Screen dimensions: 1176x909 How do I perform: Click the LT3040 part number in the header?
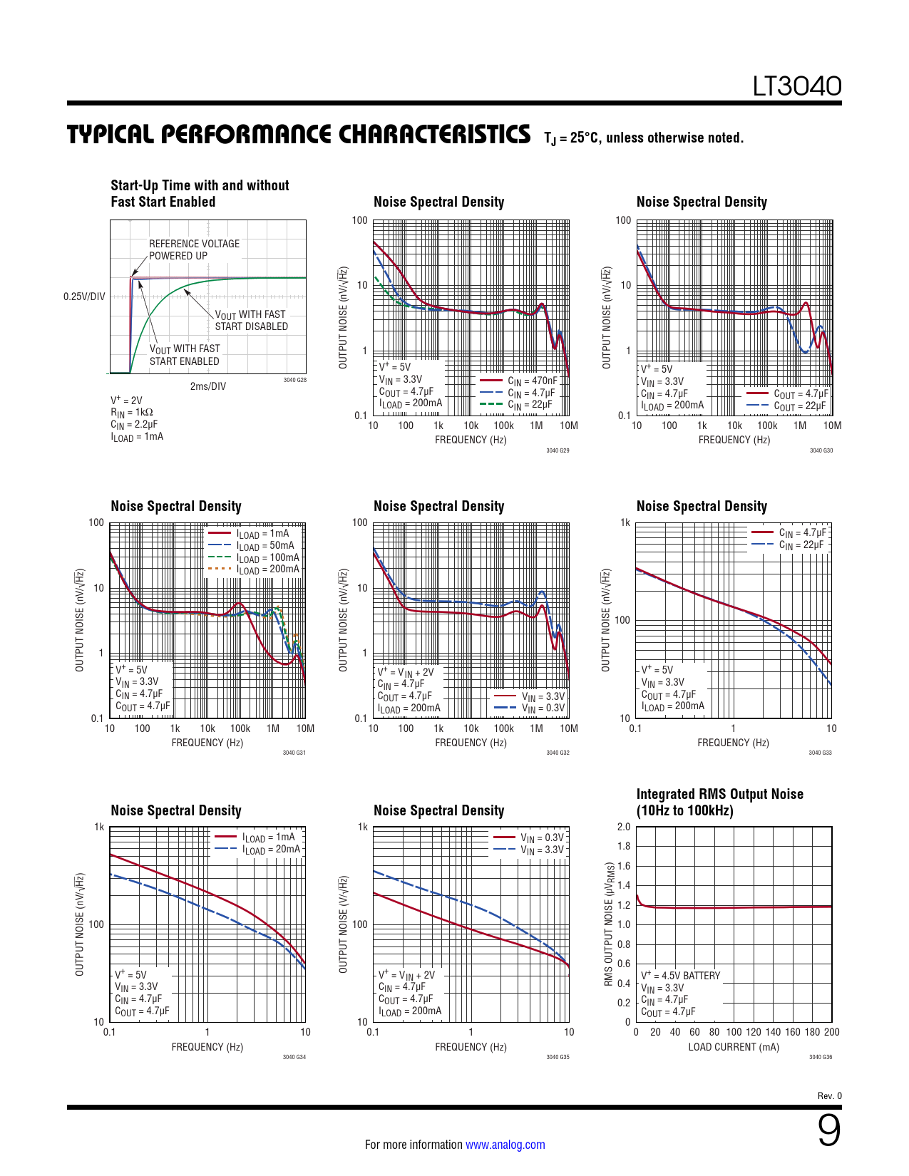tap(797, 86)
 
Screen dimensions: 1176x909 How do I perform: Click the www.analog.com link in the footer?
tap(505, 1145)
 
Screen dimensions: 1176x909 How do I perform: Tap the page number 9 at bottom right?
tap(828, 1130)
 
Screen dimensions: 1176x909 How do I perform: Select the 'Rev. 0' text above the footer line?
tap(829, 1095)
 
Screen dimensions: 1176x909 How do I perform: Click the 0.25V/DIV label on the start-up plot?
tap(84, 296)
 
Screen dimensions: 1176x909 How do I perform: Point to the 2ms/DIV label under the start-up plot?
tap(207, 386)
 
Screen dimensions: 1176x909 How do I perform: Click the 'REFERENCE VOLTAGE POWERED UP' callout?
tap(194, 249)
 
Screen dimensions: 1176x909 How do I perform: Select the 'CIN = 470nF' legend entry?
tap(533, 381)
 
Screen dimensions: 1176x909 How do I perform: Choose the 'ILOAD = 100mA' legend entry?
tap(268, 557)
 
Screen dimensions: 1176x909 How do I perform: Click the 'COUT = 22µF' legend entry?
tap(800, 406)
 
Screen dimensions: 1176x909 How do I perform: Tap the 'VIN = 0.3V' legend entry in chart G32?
tap(543, 708)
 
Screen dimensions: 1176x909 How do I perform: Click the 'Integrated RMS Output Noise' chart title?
tap(719, 794)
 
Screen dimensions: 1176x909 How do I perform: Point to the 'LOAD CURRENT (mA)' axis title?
tap(734, 1047)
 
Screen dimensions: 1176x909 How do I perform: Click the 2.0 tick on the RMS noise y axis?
tap(624, 827)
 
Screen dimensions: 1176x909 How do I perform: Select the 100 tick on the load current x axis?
tap(734, 1032)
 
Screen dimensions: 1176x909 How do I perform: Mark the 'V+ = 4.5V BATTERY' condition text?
tap(680, 975)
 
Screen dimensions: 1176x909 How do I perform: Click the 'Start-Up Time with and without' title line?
tap(200, 185)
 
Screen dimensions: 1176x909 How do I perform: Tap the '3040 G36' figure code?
tap(821, 1057)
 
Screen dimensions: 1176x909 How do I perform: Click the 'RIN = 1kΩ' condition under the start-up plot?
tap(132, 412)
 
